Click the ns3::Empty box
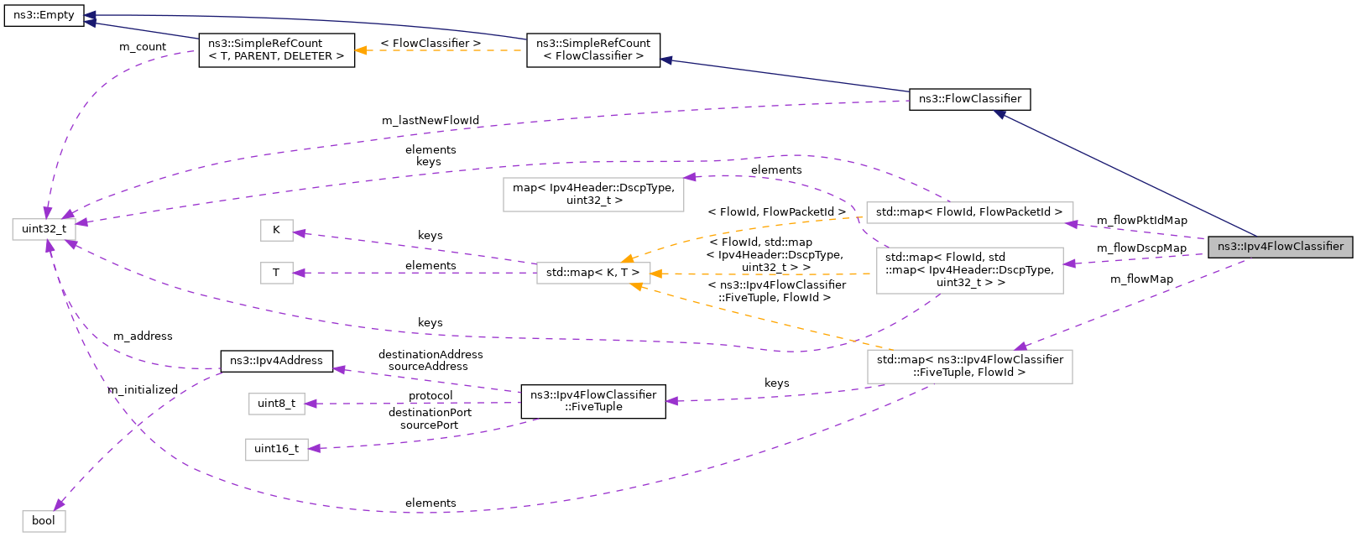tap(44, 15)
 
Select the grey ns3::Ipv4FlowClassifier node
tap(1280, 247)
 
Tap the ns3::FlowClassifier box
tap(969, 99)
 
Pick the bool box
tap(44, 520)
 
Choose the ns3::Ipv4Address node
tap(276, 361)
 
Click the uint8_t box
tap(276, 404)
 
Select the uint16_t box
tap(276, 449)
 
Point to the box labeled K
tap(276, 229)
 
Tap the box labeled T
tap(276, 273)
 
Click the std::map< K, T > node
tap(592, 273)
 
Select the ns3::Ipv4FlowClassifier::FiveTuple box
tap(592, 401)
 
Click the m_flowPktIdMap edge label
tap(1141, 220)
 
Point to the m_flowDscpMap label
tap(1141, 248)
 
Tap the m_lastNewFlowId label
tap(430, 120)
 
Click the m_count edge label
tap(143, 46)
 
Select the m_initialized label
tap(143, 389)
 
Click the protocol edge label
tap(430, 395)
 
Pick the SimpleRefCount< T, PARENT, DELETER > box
tap(276, 50)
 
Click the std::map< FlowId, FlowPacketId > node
tap(968, 212)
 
